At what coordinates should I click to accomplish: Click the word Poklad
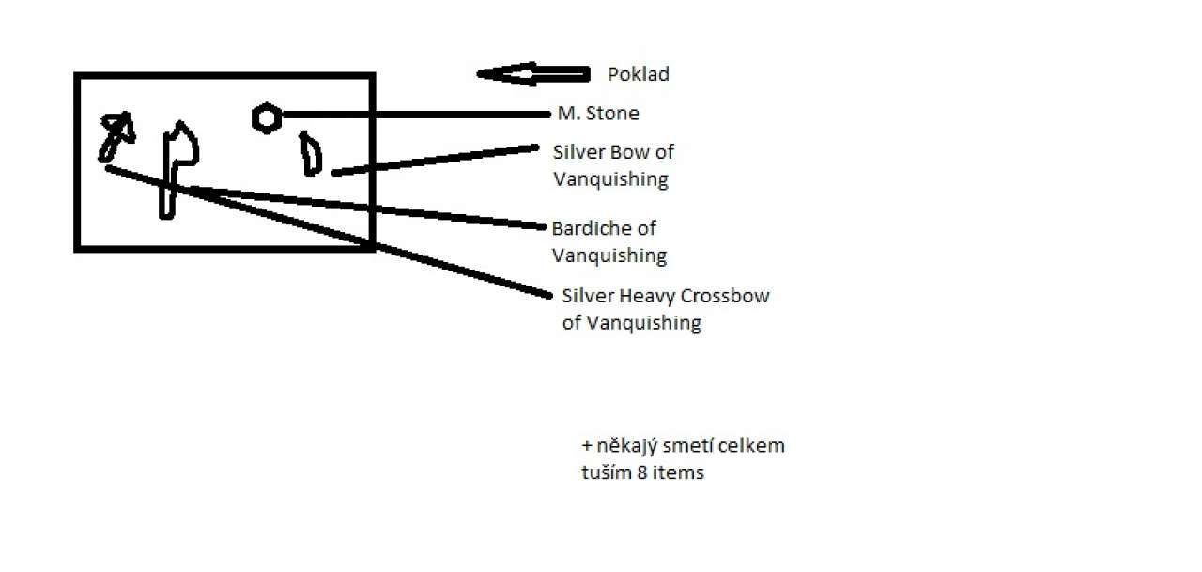639,74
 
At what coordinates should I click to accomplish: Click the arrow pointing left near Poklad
532,74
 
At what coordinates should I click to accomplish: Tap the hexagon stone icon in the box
266,117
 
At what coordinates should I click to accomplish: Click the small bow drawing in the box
310,155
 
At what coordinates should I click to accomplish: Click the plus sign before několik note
587,445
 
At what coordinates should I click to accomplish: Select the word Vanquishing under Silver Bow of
610,178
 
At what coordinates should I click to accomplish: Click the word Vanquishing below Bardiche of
609,255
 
